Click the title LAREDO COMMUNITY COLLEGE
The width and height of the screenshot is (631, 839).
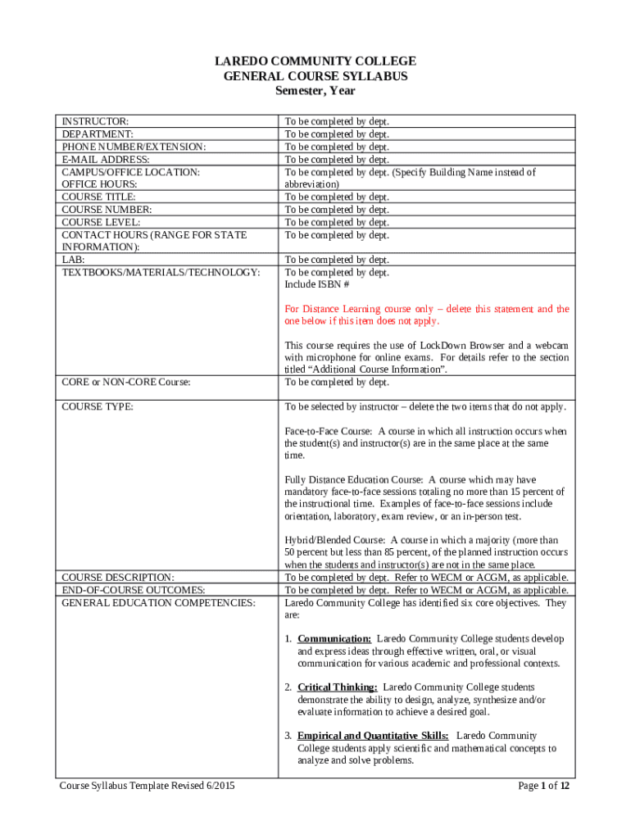click(x=315, y=61)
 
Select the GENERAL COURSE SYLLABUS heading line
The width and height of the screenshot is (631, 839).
click(x=315, y=76)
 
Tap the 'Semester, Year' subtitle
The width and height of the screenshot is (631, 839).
click(x=315, y=91)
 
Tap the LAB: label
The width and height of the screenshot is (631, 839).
click(x=74, y=260)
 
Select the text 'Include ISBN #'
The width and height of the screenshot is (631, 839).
click(x=317, y=284)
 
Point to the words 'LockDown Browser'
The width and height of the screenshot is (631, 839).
click(x=440, y=345)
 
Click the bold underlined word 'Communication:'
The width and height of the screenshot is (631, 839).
click(x=334, y=638)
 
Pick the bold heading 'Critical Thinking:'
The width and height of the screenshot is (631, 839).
click(x=338, y=687)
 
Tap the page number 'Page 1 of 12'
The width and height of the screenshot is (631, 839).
click(x=543, y=786)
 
